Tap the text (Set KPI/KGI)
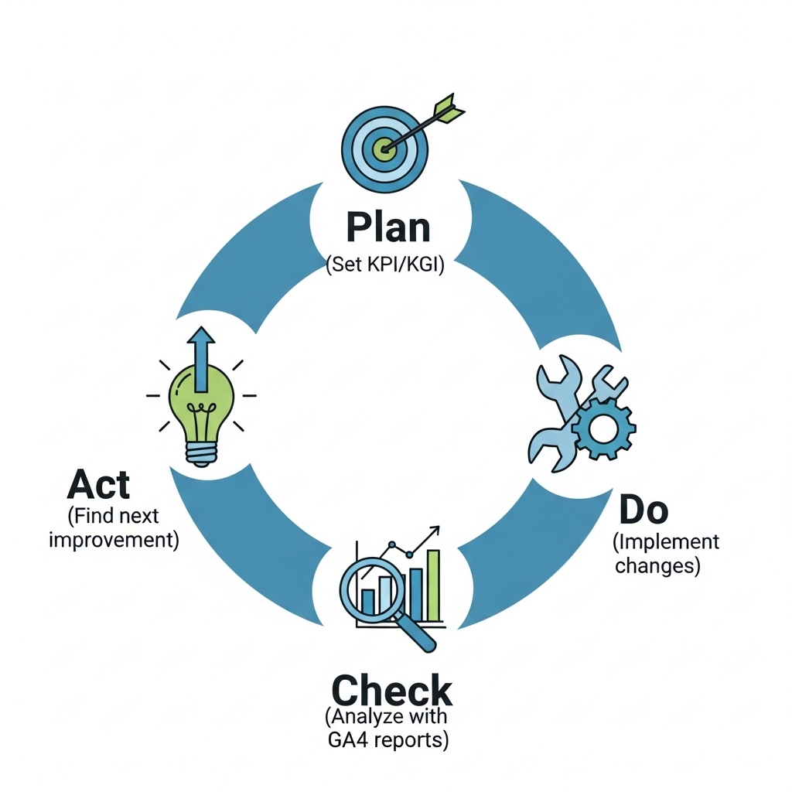[x=385, y=265]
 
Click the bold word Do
[x=643, y=510]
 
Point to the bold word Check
[x=392, y=690]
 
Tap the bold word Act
[x=98, y=484]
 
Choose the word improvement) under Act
[x=114, y=539]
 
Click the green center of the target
[x=384, y=148]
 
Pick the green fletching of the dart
[x=449, y=108]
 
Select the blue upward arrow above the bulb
[x=201, y=358]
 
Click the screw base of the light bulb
[x=201, y=454]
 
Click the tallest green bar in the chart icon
[x=433, y=586]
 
